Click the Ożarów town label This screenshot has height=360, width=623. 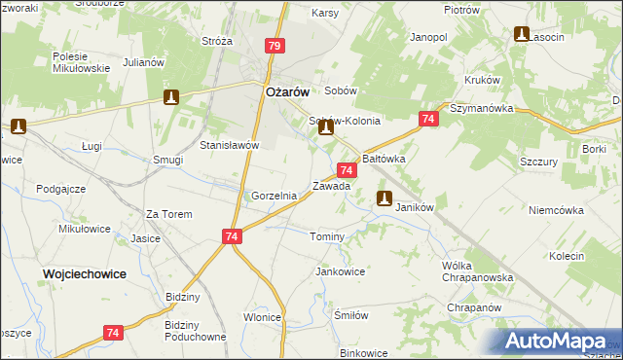pyautogui.click(x=287, y=91)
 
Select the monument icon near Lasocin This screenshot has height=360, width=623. pyautogui.click(x=522, y=35)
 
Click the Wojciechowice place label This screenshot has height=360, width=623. pyautogui.click(x=85, y=274)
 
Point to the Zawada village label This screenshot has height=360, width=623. pyautogui.click(x=331, y=186)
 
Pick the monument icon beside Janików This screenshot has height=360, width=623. pyautogui.click(x=385, y=199)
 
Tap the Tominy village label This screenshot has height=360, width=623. pyautogui.click(x=327, y=237)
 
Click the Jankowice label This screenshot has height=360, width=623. pyautogui.click(x=340, y=271)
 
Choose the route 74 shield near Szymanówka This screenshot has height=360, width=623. pyautogui.click(x=427, y=119)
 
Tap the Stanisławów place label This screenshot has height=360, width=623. pyautogui.click(x=229, y=145)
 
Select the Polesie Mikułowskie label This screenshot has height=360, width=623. pyautogui.click(x=81, y=64)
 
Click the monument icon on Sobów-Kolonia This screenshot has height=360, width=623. pyautogui.click(x=326, y=126)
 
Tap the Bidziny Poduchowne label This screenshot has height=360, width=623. pyautogui.click(x=196, y=331)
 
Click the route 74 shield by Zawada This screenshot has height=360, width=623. pyautogui.click(x=348, y=170)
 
